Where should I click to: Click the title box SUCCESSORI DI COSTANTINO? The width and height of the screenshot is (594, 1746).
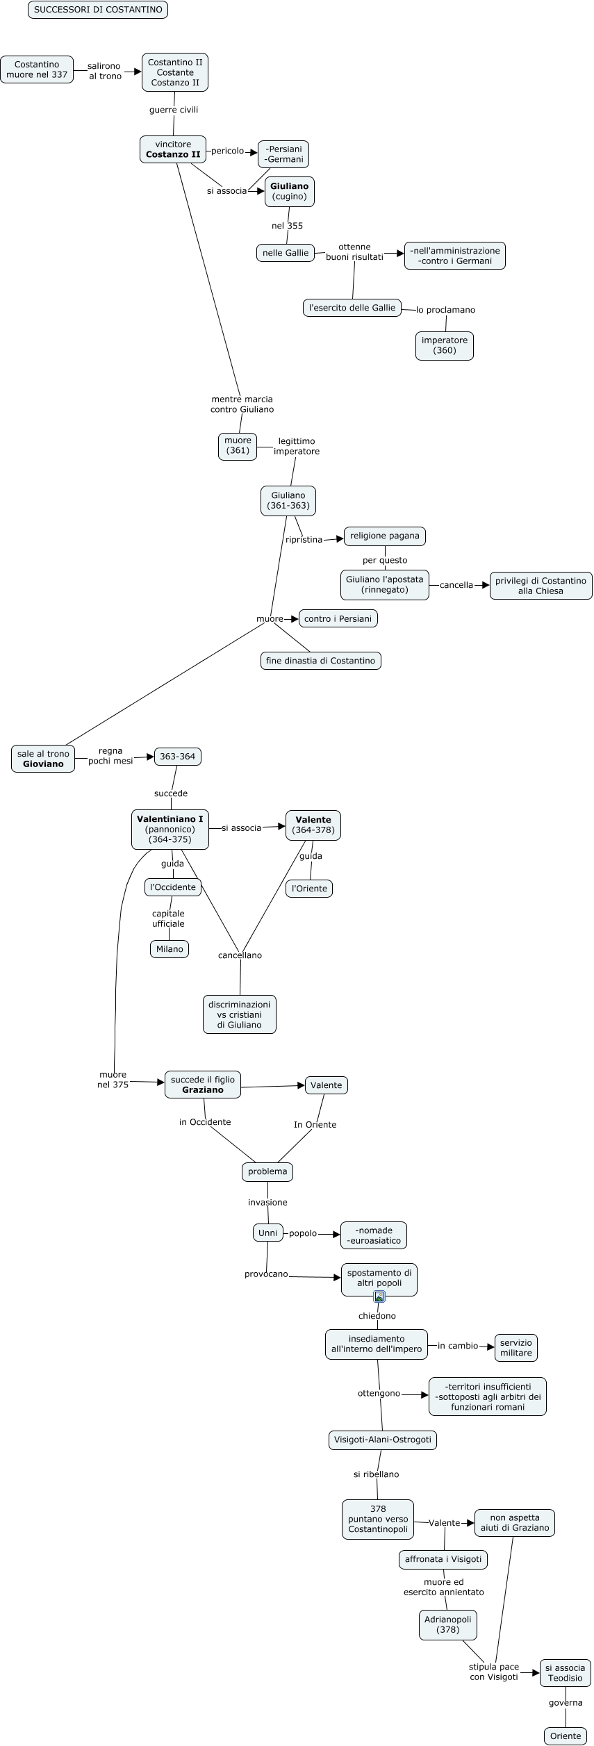tap(98, 10)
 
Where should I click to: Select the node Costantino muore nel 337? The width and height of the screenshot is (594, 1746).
tap(37, 69)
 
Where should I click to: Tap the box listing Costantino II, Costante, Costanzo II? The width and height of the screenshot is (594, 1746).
tap(175, 72)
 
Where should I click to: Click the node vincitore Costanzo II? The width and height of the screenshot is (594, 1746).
tap(173, 149)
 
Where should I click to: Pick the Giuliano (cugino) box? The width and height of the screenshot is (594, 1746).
tap(290, 191)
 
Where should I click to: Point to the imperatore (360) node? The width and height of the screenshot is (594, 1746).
tap(445, 345)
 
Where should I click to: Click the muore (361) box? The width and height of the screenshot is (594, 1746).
tap(238, 445)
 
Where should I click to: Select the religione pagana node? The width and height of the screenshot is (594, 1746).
tap(385, 536)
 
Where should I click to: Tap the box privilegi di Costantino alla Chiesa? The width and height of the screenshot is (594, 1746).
tap(541, 586)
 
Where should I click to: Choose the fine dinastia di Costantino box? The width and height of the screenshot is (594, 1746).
tap(320, 661)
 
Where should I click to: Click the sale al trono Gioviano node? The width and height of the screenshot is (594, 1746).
tap(43, 759)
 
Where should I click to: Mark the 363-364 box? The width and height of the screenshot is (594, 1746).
tap(178, 756)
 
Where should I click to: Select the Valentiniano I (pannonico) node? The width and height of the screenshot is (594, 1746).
tap(170, 829)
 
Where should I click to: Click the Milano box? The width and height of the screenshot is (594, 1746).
tap(170, 949)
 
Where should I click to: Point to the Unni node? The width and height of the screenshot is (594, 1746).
tap(267, 1233)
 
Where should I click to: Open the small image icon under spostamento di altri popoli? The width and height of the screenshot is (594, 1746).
tap(379, 1296)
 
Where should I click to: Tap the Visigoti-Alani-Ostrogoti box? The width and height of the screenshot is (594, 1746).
tap(383, 1440)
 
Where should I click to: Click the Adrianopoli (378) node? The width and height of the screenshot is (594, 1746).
tap(448, 1624)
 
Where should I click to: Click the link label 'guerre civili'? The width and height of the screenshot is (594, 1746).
tap(174, 110)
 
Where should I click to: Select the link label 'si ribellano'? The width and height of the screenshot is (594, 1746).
tap(376, 1474)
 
